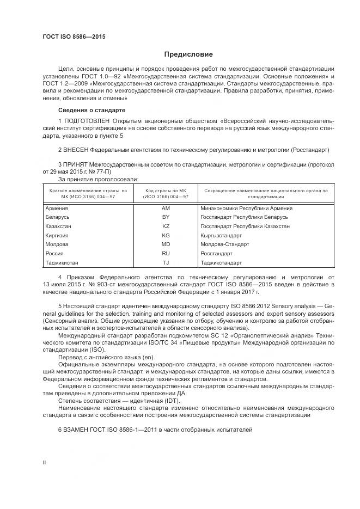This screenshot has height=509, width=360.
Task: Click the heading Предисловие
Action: pyautogui.click(x=188, y=54)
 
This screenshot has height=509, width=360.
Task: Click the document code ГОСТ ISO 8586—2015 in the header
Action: pyautogui.click(x=74, y=36)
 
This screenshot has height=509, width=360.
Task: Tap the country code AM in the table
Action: pyautogui.click(x=166, y=208)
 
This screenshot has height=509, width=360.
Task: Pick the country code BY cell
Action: pyautogui.click(x=166, y=217)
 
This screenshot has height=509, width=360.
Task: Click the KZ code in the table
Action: pyautogui.click(x=166, y=226)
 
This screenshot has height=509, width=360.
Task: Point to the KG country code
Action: pyautogui.click(x=166, y=235)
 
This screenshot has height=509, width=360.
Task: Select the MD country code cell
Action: pyautogui.click(x=166, y=244)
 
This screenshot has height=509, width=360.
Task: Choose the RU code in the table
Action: pyautogui.click(x=166, y=254)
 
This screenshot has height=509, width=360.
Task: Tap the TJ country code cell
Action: pyautogui.click(x=166, y=263)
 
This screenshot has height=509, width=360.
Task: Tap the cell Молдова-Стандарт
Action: pyautogui.click(x=224, y=244)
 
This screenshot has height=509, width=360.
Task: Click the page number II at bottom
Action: pyautogui.click(x=44, y=462)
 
